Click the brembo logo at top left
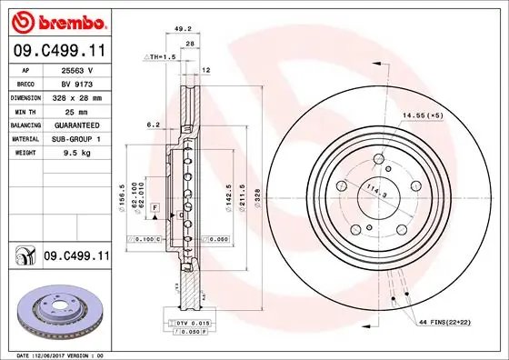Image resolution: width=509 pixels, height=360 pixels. pyautogui.click(x=59, y=20)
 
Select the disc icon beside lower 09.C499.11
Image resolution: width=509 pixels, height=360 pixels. pyautogui.click(x=23, y=257)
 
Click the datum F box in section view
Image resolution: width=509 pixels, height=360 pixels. pyautogui.click(x=156, y=209)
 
